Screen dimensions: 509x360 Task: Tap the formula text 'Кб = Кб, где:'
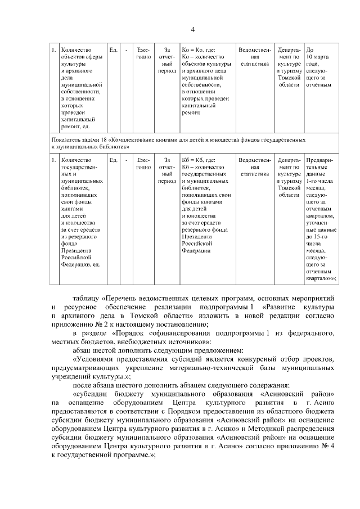(199, 160)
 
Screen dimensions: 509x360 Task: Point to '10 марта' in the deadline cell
(318, 57)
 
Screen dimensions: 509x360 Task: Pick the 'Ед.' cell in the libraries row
(113, 160)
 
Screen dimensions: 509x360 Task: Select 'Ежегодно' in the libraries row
(143, 164)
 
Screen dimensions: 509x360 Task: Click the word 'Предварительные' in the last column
(319, 164)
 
